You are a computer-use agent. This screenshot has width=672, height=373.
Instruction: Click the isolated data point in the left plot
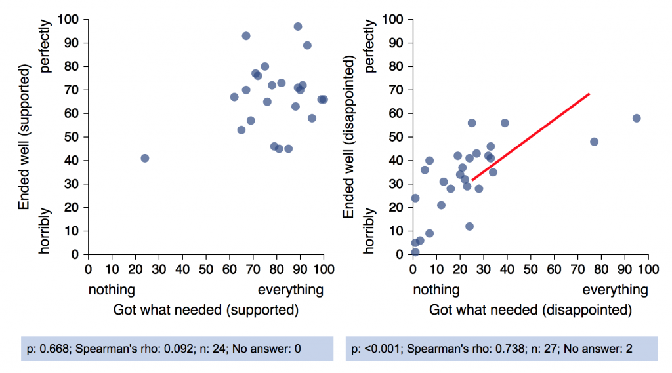click(144, 158)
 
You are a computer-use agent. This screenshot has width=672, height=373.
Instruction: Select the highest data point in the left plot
click(297, 26)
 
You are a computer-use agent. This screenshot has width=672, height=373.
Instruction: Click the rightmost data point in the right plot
click(636, 118)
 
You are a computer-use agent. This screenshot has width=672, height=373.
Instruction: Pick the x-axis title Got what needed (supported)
click(206, 309)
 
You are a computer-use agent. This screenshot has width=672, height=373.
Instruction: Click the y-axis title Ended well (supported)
click(25, 137)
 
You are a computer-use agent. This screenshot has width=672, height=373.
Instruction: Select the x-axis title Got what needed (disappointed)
click(530, 309)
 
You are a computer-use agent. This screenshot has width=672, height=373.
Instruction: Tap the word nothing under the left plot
click(112, 290)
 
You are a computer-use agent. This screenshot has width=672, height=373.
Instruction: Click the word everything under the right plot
click(615, 290)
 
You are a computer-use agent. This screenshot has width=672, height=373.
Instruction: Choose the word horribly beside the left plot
click(45, 231)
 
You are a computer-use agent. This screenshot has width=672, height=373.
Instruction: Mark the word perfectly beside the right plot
click(370, 46)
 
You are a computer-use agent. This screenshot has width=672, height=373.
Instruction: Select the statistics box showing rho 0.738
click(501, 349)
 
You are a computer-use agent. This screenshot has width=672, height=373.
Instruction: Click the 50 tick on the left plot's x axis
click(206, 268)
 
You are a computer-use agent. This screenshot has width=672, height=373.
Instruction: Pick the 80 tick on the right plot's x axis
click(601, 268)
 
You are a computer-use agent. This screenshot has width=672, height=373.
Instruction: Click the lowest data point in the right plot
click(415, 252)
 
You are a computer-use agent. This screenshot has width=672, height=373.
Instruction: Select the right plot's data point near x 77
click(594, 142)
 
